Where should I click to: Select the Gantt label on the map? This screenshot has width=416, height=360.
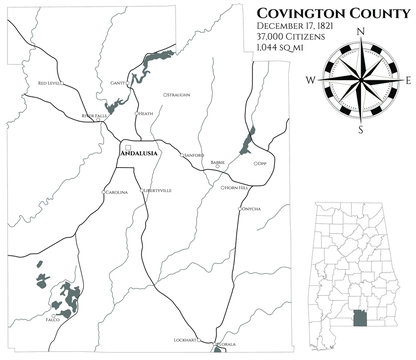(117, 83)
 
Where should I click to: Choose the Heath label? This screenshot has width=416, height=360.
(146, 113)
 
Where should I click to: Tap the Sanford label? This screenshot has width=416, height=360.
(193, 155)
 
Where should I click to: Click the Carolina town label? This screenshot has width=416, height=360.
(117, 191)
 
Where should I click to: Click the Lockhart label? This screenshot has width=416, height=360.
(186, 340)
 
